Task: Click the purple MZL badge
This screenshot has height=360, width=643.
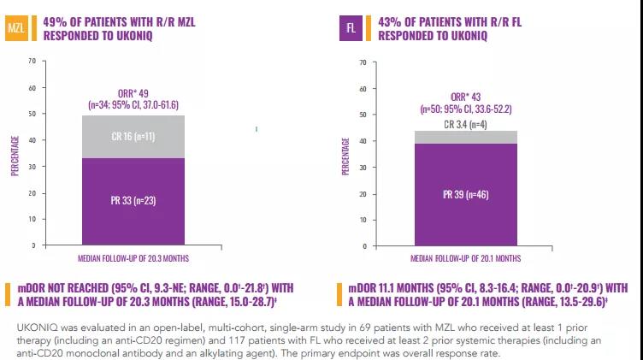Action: click(x=15, y=28)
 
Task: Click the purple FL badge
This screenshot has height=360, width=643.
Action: click(x=351, y=28)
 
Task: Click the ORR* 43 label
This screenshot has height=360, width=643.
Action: click(x=466, y=97)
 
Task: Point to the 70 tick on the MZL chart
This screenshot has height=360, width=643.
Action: click(x=32, y=61)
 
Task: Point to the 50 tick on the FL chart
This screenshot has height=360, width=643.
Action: click(x=363, y=114)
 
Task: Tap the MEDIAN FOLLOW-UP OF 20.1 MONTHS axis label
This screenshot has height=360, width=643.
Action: click(x=465, y=257)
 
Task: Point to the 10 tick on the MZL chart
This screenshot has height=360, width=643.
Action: click(x=32, y=219)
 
